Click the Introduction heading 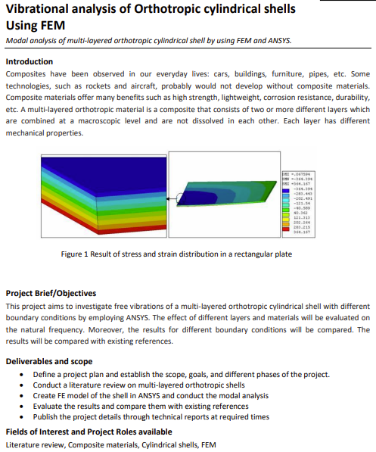[30, 61]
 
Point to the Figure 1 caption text [176, 254]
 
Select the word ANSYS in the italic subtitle [275, 40]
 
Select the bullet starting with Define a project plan [182, 374]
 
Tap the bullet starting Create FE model [151, 395]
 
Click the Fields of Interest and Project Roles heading [89, 432]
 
